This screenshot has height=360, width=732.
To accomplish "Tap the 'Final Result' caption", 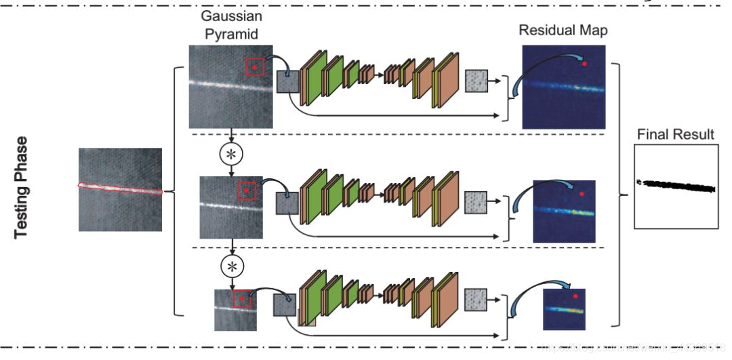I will pos(675,134).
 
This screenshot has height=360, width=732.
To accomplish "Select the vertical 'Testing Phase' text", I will pos(22,187).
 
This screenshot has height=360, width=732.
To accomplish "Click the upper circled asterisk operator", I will pos(232,154).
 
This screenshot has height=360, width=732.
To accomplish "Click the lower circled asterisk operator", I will pos(232,266).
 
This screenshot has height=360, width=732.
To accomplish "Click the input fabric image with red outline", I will pos(120,191).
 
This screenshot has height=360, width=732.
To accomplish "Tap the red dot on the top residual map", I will pos(584,63).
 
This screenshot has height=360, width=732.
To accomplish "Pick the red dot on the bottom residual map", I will pos(575,296).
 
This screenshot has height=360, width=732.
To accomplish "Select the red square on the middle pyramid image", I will pos(247,192).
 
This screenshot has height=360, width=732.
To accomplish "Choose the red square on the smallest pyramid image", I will pos(241,298).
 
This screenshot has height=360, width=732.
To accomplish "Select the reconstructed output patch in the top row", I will pos(476,81).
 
